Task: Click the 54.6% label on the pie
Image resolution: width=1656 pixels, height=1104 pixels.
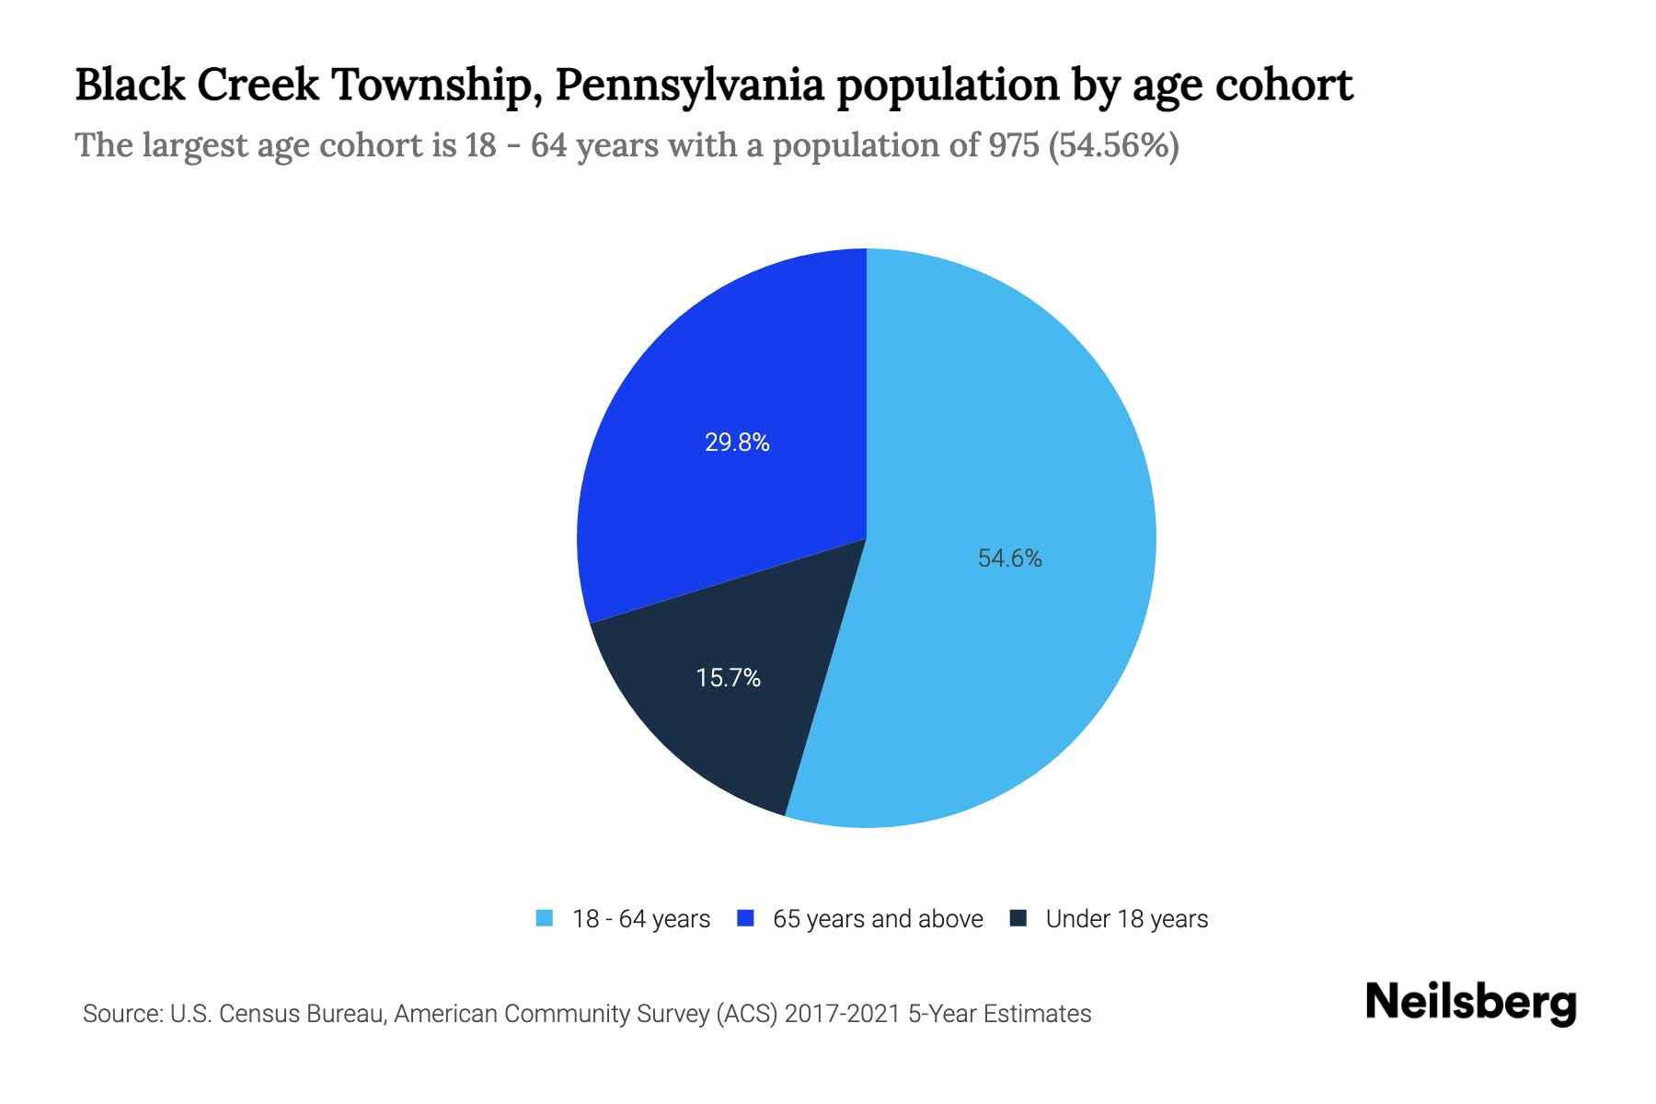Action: pos(1009,558)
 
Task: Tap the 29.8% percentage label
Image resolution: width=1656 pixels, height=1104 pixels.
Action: pos(737,443)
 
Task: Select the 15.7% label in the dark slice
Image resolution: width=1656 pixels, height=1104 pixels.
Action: pos(728,678)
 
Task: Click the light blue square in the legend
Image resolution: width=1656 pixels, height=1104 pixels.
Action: pos(545,918)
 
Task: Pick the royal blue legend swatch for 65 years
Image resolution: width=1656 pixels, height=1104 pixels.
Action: pos(745,918)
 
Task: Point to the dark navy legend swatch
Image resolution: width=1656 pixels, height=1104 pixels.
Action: pos(1018,918)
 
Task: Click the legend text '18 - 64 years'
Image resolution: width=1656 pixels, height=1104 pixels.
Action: pos(640,919)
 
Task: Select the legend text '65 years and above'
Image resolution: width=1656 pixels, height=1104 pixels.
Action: pos(878,919)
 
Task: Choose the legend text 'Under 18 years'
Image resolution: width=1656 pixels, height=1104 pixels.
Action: pos(1126,919)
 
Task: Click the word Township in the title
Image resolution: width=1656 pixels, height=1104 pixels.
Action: pos(427,85)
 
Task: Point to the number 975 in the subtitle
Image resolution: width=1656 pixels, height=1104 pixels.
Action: pos(1014,145)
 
